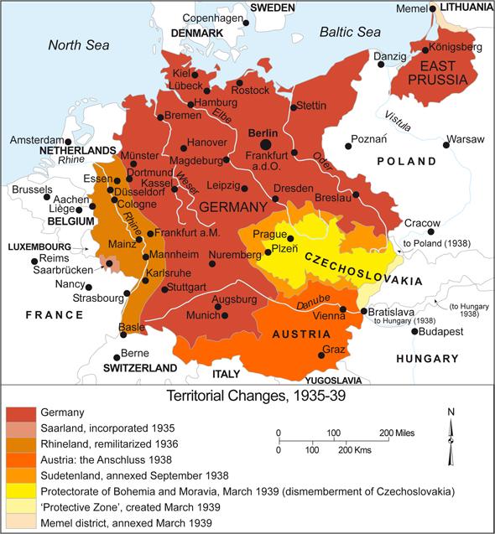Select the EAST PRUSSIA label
443,73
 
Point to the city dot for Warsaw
445,146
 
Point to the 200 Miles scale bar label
399,433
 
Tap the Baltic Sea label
350,32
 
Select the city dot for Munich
219,308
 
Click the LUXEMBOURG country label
40,248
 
